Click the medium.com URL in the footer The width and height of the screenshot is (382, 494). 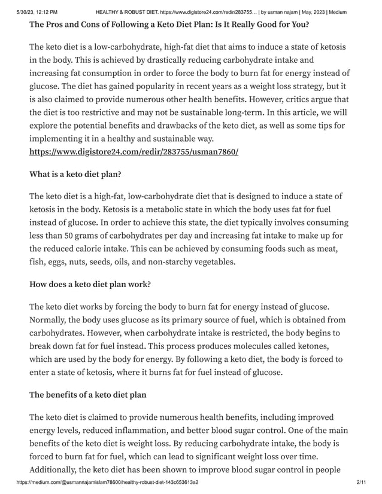(108, 482)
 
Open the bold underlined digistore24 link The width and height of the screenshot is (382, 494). (134, 152)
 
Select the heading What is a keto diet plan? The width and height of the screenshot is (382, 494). (75, 175)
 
